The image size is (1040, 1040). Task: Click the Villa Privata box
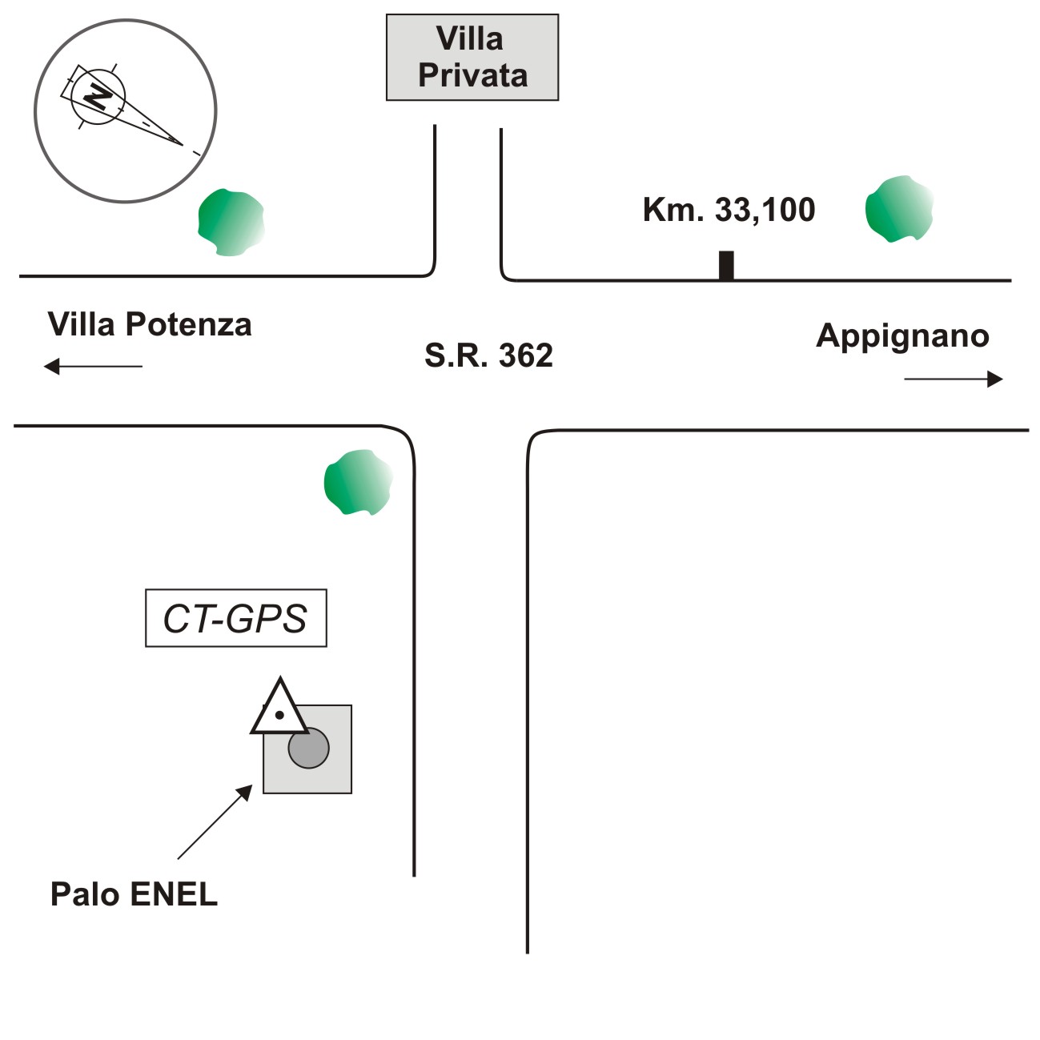coord(472,57)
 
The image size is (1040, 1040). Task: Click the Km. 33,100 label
coord(729,210)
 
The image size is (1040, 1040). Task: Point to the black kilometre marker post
coord(726,265)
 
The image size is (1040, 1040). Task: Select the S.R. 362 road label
coord(488,355)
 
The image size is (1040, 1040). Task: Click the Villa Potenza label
coord(150,325)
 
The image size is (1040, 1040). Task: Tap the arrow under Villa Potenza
coord(93,367)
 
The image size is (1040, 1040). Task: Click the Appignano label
coord(902,335)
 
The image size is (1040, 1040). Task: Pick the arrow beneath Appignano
coord(953,379)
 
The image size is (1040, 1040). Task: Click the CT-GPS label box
coord(235,618)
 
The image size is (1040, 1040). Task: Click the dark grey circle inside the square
coord(309,749)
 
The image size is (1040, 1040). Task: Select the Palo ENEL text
coord(134,893)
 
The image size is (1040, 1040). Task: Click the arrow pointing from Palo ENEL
coord(215,822)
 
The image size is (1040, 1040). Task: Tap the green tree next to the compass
coord(231,223)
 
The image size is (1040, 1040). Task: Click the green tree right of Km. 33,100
coord(899,209)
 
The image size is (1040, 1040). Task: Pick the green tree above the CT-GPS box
coord(358,482)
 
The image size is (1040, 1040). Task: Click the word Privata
coord(472,75)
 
